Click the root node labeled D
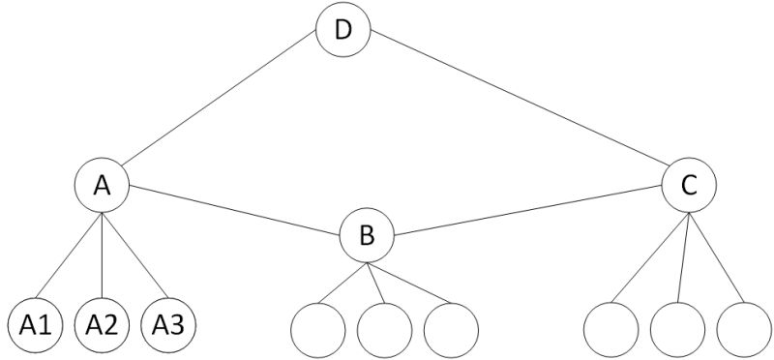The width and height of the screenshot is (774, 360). (342, 30)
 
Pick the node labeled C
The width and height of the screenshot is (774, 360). (688, 186)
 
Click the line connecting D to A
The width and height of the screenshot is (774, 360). (223, 106)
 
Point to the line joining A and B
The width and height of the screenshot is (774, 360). (235, 210)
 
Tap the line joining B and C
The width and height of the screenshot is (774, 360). (527, 211)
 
